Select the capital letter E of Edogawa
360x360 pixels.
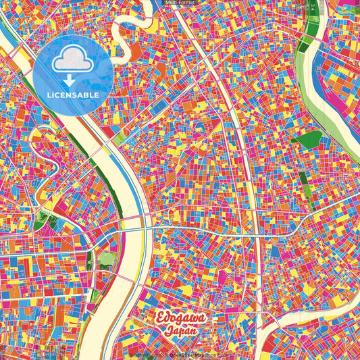tap(161, 319)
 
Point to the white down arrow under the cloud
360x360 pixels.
tap(73, 80)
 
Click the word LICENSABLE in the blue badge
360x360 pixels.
tap(74, 95)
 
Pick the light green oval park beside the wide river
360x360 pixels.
tap(107, 259)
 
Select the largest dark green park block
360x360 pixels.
tap(310, 140)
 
